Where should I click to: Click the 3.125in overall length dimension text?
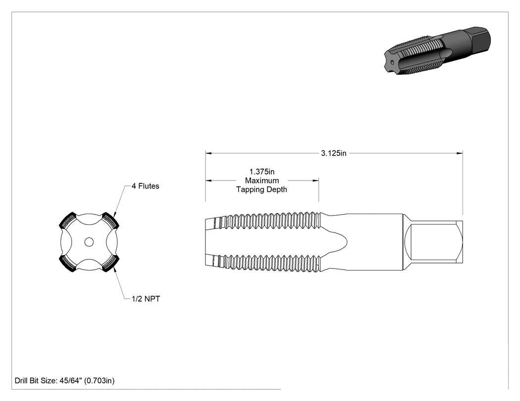(x=334, y=153)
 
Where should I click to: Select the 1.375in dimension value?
(x=262, y=172)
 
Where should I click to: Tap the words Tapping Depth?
(x=261, y=189)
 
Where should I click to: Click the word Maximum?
(x=262, y=180)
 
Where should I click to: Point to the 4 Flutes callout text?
(x=145, y=186)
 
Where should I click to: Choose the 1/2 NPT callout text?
(x=146, y=299)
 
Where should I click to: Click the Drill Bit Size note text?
(x=65, y=380)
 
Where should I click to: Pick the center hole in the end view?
(x=89, y=242)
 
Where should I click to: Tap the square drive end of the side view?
(x=433, y=242)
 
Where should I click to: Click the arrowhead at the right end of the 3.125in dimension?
(x=460, y=153)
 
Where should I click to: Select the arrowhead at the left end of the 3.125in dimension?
(x=208, y=153)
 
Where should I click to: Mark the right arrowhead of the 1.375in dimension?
(x=316, y=180)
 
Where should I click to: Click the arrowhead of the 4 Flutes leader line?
(x=115, y=215)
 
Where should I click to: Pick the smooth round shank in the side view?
(x=375, y=242)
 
